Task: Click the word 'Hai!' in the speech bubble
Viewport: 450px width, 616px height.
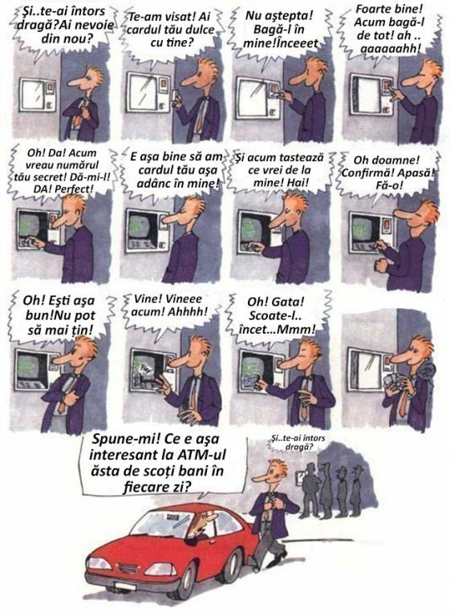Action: (x=298, y=182)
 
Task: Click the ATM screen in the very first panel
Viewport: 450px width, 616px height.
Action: (x=33, y=95)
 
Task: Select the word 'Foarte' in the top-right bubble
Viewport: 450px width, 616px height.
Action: (x=374, y=8)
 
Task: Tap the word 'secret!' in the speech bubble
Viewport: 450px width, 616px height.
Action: (x=45, y=176)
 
